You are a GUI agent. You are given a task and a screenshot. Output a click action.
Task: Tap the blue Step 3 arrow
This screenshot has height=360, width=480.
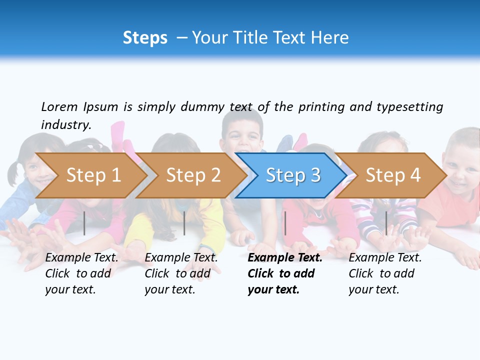[x=293, y=175]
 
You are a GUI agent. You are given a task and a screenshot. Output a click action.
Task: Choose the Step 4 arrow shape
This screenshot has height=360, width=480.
[x=393, y=175]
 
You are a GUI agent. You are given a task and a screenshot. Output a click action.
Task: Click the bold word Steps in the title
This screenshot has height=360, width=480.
[x=145, y=37]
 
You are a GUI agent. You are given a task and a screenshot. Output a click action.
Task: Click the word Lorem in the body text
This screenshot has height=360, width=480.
[x=59, y=106]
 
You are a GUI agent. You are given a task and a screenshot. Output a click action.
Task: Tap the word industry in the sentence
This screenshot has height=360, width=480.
[x=66, y=124]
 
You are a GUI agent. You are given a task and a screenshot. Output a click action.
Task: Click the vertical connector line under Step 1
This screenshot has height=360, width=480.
[x=84, y=223]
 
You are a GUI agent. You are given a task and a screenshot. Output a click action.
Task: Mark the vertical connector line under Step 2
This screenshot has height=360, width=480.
[x=184, y=223]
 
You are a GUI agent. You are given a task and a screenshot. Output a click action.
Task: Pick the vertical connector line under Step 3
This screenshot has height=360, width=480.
[x=285, y=223]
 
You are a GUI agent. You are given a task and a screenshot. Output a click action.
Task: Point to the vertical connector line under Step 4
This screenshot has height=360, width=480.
[x=386, y=223]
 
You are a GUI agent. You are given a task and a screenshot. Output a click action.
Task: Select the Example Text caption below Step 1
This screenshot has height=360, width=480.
[x=81, y=273]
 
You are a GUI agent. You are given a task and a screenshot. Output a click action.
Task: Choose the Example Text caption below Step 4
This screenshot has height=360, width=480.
[x=385, y=273]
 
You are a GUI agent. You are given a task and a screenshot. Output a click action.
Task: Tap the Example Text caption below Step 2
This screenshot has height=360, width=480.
[x=181, y=273]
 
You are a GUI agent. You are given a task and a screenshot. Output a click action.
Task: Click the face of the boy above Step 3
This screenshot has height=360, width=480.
[x=242, y=135]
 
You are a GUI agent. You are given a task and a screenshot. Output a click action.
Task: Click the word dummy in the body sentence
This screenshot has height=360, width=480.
[x=203, y=106]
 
